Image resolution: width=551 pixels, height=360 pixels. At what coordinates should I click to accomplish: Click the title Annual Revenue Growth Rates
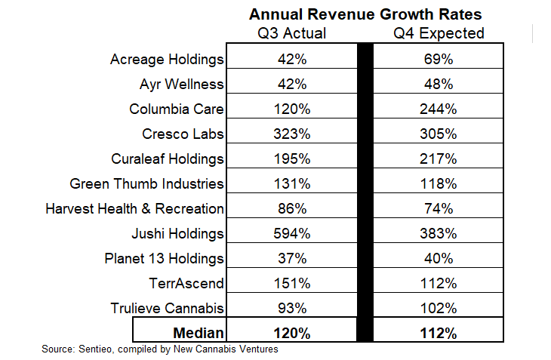click(x=365, y=14)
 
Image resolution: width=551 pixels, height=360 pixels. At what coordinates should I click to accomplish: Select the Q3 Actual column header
click(x=291, y=33)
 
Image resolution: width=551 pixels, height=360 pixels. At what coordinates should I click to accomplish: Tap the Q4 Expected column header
click(x=441, y=33)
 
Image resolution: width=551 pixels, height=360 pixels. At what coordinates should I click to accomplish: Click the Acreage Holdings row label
click(x=167, y=58)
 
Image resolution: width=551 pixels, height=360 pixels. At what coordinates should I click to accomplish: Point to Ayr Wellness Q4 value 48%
click(x=441, y=83)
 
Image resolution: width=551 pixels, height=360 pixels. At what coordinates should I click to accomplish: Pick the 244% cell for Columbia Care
click(x=441, y=109)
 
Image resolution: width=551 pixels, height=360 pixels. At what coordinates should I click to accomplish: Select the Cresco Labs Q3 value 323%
click(x=291, y=134)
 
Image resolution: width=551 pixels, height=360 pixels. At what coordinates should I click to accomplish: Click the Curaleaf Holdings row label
click(x=166, y=158)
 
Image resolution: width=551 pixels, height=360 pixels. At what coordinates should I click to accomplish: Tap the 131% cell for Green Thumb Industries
click(x=291, y=183)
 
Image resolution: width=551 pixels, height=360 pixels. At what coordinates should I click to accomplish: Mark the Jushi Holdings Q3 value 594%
click(x=291, y=233)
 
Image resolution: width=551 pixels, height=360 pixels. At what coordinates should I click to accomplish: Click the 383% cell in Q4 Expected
click(x=441, y=233)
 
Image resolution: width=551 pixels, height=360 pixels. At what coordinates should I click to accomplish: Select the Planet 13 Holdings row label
click(x=164, y=258)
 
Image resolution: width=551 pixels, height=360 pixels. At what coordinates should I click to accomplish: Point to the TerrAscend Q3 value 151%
click(x=291, y=283)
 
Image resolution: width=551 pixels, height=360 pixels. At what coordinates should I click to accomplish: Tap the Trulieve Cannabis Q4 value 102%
click(x=441, y=308)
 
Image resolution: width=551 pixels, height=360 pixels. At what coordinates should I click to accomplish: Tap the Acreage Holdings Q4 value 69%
click(x=441, y=58)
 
